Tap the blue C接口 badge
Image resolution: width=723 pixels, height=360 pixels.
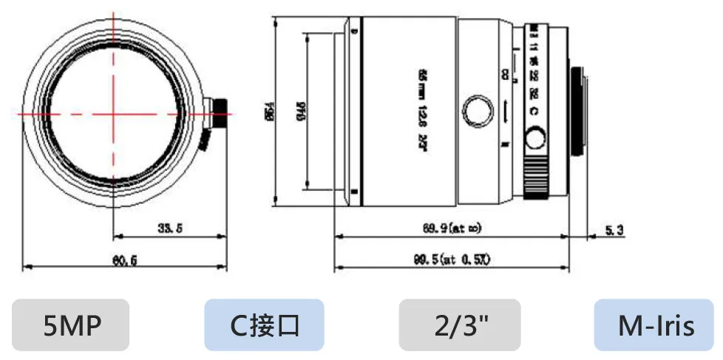coord(264,325)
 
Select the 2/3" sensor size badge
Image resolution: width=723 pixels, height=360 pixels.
coord(459,325)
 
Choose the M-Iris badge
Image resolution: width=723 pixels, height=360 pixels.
coord(656,325)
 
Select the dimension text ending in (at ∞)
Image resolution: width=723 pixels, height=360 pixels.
coord(455,229)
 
